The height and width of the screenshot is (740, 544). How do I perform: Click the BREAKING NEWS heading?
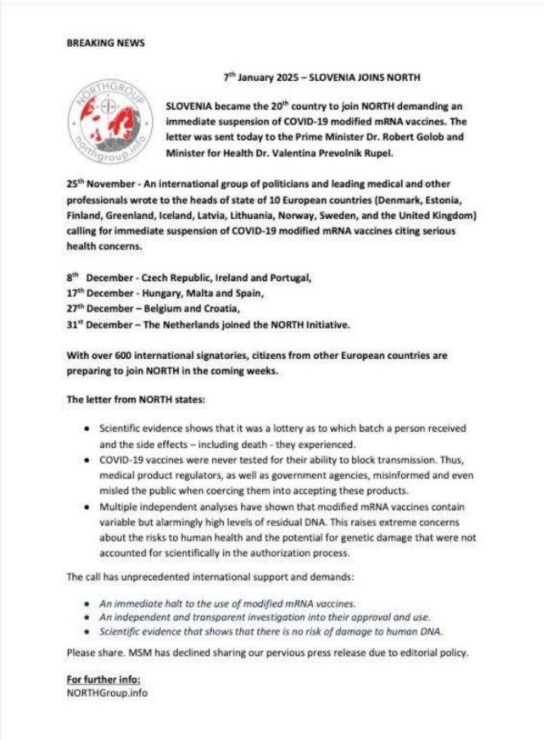pyautogui.click(x=105, y=43)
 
